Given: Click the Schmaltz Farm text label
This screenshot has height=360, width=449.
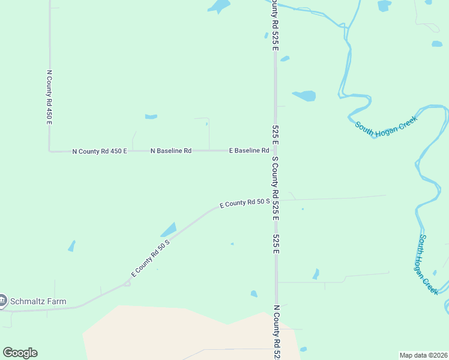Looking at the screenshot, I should pyautogui.click(x=38, y=301).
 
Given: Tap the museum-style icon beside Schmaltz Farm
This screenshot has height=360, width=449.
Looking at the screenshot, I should pyautogui.click(x=3, y=300).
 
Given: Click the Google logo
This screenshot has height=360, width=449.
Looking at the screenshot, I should pyautogui.click(x=20, y=353).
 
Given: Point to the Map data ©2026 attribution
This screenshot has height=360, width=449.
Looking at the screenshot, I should pyautogui.click(x=423, y=355).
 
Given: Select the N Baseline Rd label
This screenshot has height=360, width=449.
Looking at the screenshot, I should pyautogui.click(x=170, y=151).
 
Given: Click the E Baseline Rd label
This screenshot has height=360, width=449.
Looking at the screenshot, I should pyautogui.click(x=249, y=151).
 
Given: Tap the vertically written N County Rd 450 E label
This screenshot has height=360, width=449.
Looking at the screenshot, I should pyautogui.click(x=50, y=97).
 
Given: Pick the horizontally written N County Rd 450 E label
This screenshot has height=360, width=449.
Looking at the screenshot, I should pyautogui.click(x=100, y=151).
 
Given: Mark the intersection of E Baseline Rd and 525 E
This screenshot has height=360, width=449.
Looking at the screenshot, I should pyautogui.click(x=276, y=150).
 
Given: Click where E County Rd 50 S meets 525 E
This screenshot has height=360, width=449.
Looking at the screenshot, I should pyautogui.click(x=276, y=200).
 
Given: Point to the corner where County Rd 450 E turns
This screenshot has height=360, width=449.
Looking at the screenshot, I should pyautogui.click(x=50, y=151).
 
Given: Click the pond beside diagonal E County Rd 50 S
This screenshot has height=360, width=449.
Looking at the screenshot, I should pyautogui.click(x=169, y=230).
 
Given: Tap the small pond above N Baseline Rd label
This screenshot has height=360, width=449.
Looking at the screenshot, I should pyautogui.click(x=151, y=116).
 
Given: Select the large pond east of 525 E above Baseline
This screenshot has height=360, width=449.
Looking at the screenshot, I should pyautogui.click(x=304, y=95).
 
